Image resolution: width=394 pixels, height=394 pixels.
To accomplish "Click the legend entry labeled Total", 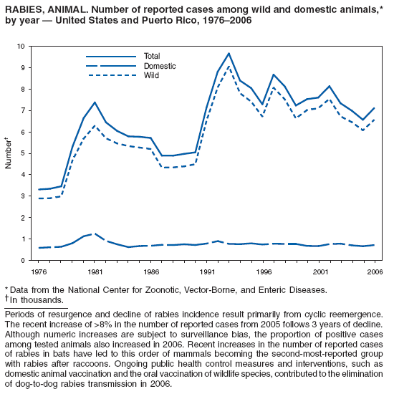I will coord(152,56).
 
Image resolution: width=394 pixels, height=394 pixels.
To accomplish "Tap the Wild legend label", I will coord(150,75).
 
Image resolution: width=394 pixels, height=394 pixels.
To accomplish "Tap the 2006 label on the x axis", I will coord(373,273).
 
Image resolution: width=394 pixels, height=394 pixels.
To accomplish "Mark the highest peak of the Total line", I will coord(229,53).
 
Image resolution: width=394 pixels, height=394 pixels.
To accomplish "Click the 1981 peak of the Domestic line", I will coord(94,234).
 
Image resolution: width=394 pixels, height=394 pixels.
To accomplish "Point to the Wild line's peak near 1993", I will coord(229,67).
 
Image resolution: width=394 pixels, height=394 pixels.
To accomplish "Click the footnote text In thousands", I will coord(36,299).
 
